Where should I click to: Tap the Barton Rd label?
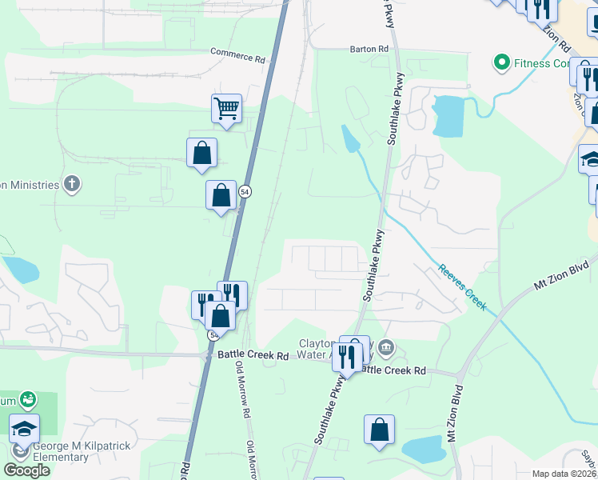point(369,49)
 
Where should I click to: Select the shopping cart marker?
point(227,107)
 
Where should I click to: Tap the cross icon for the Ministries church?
point(72,185)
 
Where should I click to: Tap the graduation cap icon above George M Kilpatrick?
point(24,428)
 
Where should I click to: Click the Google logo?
point(26,470)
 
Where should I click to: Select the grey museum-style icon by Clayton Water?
point(386,346)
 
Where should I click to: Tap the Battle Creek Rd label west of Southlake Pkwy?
point(253,356)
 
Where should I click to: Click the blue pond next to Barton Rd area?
point(446,116)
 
